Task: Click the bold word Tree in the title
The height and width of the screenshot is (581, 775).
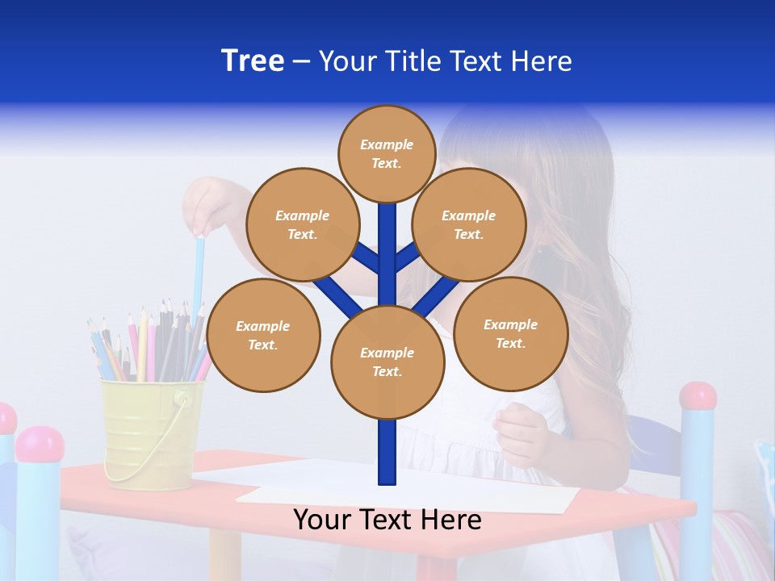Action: point(253,61)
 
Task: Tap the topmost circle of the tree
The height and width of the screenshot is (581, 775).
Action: point(387,153)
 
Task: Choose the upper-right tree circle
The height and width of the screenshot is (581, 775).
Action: point(469,224)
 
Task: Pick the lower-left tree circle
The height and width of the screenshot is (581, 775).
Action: point(263,335)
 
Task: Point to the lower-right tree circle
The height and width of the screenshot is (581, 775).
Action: point(511,333)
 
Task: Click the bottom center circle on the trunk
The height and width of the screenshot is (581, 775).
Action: point(387,362)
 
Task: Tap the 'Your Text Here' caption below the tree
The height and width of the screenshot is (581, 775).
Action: point(387,520)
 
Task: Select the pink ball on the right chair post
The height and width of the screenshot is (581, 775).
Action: point(697,396)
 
